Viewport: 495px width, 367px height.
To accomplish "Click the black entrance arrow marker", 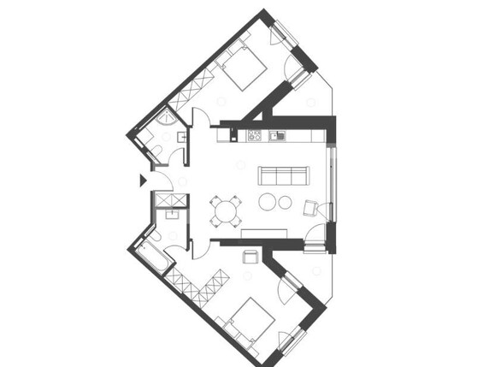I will point(143,180).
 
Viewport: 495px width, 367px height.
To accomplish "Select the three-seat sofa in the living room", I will point(283,175).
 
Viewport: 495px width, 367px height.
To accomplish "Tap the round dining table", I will point(227,210).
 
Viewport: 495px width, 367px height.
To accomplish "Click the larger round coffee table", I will point(268,203).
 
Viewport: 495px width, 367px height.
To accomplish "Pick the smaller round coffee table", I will point(285,204).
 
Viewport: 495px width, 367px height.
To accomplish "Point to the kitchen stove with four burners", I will point(254,135).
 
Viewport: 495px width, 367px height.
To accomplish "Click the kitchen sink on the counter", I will point(276,135).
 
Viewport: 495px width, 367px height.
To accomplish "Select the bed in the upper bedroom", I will point(245,67).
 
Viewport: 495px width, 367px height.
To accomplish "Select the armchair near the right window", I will point(312,206).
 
